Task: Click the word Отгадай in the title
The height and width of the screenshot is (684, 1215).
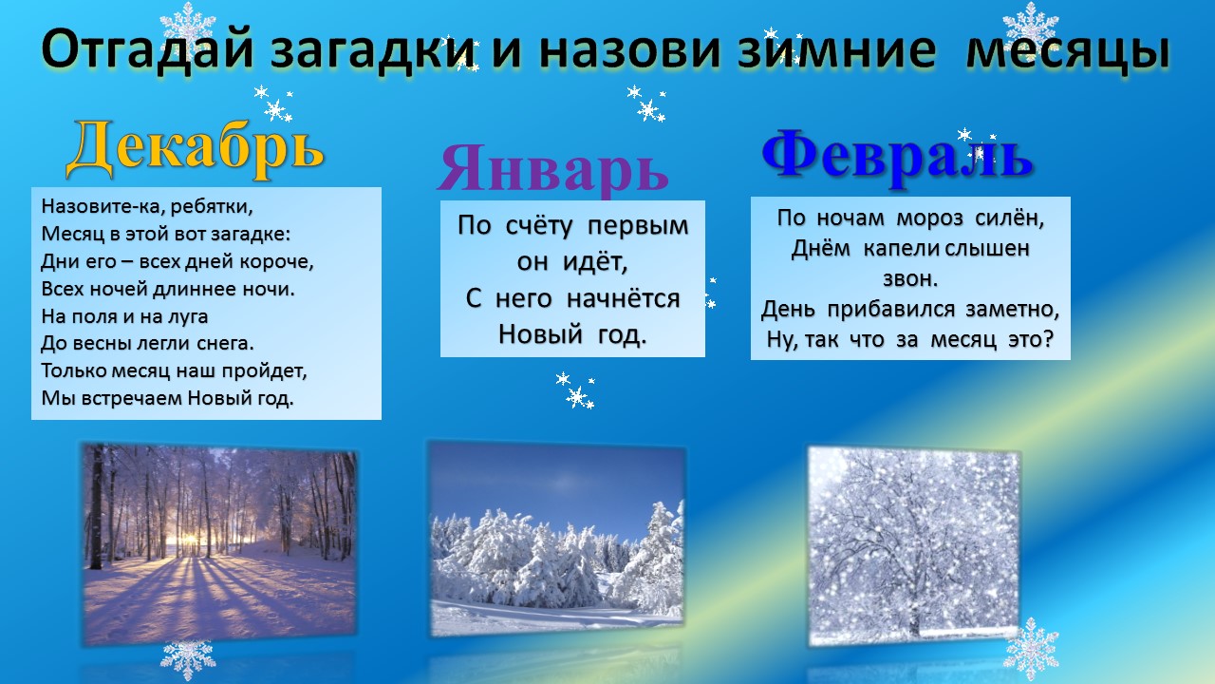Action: click(147, 51)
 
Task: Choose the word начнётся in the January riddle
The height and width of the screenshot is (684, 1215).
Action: click(623, 299)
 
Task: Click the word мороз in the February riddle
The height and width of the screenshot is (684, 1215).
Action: click(929, 218)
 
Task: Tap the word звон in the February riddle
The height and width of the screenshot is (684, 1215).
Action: click(910, 279)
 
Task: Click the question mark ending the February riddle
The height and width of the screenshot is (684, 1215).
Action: click(1047, 339)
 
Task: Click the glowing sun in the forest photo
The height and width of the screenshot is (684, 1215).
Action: click(188, 540)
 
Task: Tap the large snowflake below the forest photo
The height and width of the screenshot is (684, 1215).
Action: click(188, 659)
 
